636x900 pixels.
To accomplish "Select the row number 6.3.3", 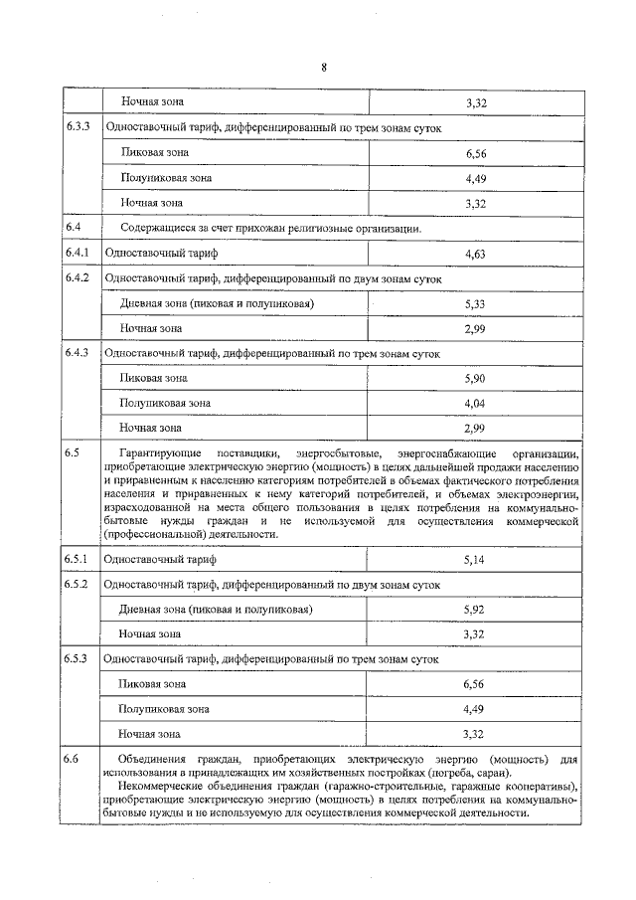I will (79, 128).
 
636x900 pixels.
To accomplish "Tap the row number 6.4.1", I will (79, 255).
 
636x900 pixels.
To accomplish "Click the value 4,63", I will (473, 256).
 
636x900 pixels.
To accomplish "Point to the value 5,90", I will (473, 379).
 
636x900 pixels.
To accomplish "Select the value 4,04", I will (473, 404).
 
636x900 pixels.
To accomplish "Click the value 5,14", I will (473, 561).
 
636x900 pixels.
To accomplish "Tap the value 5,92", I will (473, 610).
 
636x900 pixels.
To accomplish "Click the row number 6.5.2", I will (79, 584).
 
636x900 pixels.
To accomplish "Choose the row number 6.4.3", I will (79, 353).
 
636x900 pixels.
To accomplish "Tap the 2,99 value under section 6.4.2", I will (473, 328).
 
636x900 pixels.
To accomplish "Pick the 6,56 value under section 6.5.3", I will (473, 684).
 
